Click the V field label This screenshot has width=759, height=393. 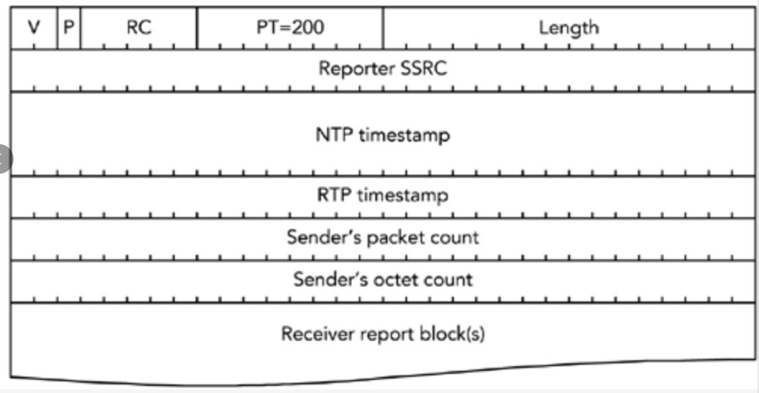[x=34, y=28]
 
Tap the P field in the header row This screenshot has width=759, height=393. [x=69, y=27]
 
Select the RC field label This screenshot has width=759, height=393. [x=139, y=28]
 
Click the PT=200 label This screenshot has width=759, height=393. [x=290, y=28]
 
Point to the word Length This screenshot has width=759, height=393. [x=569, y=28]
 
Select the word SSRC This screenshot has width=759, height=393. [x=424, y=69]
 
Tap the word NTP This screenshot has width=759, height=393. [x=334, y=135]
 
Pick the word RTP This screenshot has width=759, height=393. [x=334, y=195]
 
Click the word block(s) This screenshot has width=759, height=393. [x=452, y=334]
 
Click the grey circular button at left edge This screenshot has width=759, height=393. [x=4, y=159]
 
